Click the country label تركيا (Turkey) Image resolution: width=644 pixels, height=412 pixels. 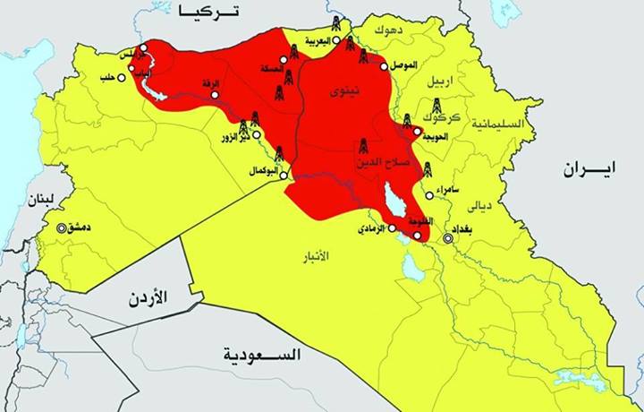coord(211,11)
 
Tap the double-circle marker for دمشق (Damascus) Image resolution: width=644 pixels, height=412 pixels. coord(62,227)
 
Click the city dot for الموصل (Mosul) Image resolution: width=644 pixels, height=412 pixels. coord(385,66)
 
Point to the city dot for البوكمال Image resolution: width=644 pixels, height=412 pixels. coord(285,176)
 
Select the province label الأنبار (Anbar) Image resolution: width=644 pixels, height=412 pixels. coord(310,255)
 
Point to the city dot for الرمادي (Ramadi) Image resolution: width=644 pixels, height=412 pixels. coord(392,228)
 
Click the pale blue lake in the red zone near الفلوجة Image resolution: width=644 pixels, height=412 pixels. coord(394,202)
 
